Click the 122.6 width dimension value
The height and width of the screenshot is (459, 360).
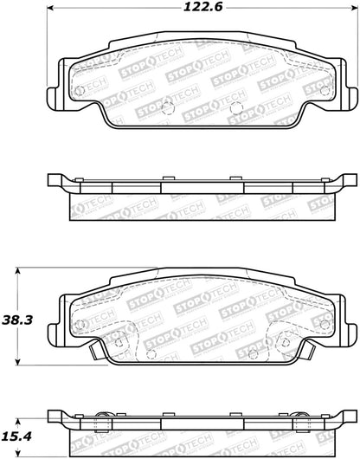pyautogui.click(x=202, y=7)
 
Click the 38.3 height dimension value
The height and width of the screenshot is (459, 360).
pyautogui.click(x=17, y=320)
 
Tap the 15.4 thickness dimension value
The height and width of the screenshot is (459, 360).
pyautogui.click(x=17, y=436)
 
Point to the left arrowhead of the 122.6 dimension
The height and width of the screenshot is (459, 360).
pyautogui.click(x=50, y=9)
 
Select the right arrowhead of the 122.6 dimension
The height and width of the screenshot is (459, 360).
pyautogui.click(x=354, y=9)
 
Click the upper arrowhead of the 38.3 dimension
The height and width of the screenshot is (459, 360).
pyautogui.click(x=18, y=271)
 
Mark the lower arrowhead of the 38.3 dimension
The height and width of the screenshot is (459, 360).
pyautogui.click(x=18, y=361)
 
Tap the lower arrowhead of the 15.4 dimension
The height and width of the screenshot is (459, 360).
pyautogui.click(x=18, y=453)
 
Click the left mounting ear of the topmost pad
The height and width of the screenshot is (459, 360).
pyautogui.click(x=54, y=97)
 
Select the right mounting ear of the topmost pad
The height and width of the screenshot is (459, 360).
pyautogui.click(x=351, y=97)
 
